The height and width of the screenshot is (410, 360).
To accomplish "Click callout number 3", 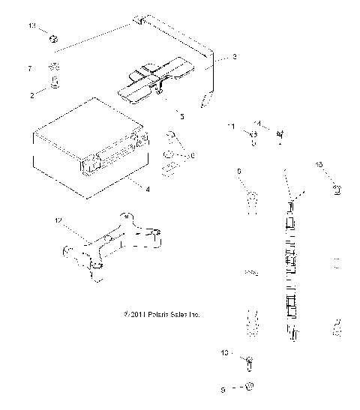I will [234, 57].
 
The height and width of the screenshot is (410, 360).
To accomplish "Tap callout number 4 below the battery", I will [147, 189].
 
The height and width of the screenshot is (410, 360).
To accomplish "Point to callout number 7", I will [29, 68].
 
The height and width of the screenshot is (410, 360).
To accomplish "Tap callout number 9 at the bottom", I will [223, 389].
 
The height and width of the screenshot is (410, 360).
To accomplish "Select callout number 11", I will [231, 126].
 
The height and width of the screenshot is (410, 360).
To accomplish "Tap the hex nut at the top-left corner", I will [55, 37].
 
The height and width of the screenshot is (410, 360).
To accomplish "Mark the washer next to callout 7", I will [54, 66].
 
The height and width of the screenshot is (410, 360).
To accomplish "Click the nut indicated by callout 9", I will [250, 388].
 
